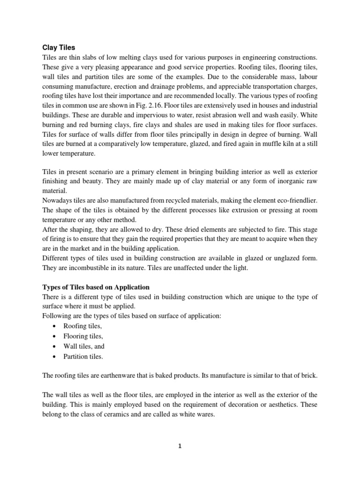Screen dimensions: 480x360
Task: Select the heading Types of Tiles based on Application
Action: click(x=96, y=287)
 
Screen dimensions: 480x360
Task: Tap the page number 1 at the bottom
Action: click(x=180, y=446)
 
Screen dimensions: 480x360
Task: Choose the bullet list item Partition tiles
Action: click(x=83, y=356)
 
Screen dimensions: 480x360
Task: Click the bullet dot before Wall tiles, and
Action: click(x=55, y=346)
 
